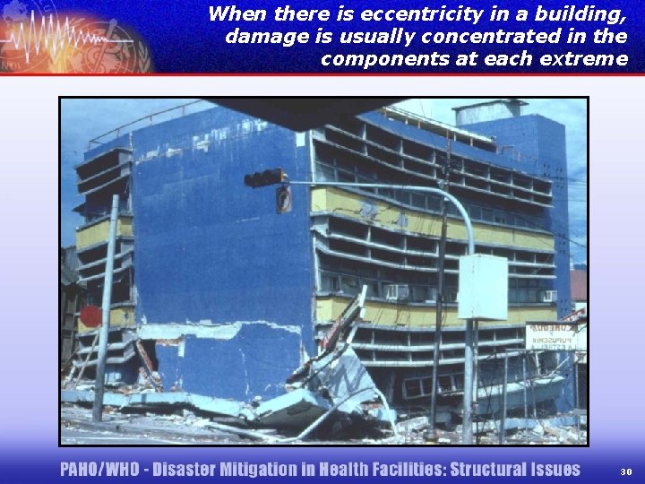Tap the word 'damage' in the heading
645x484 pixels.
coord(262,37)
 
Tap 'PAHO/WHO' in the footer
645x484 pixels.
coord(98,470)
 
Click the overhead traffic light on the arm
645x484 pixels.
coord(264,177)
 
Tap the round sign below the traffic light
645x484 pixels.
coord(283,199)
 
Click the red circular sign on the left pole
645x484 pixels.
coord(90,316)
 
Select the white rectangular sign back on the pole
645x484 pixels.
coord(482,287)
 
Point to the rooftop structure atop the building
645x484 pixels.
coord(489,113)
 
